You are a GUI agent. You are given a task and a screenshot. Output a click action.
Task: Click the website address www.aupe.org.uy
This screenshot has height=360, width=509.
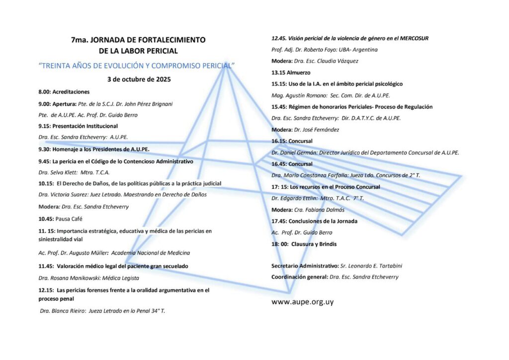point(302,302)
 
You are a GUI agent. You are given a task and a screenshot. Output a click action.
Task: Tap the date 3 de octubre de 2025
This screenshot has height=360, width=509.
point(139,79)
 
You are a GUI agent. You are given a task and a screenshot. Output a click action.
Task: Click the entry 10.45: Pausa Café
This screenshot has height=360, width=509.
point(60,219)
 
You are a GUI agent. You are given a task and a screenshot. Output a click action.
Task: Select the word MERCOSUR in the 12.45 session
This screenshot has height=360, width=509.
point(411,38)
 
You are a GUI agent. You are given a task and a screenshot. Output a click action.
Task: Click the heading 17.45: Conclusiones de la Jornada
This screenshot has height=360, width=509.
point(314,221)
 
